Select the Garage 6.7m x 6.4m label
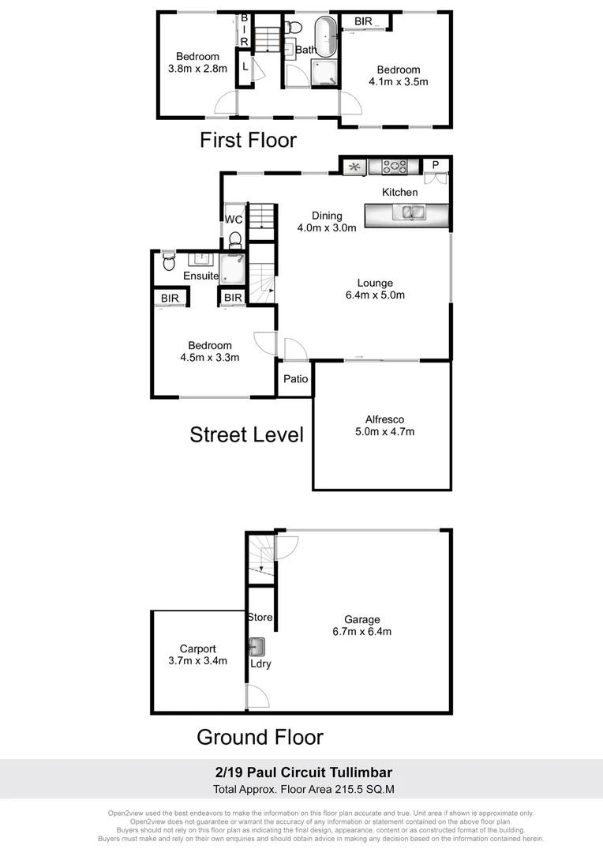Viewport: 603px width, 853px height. coord(362,626)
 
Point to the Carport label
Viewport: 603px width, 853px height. coord(197,649)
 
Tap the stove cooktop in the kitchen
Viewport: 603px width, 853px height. coord(395,166)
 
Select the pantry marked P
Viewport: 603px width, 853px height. coord(435,166)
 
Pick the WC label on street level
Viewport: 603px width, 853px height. coord(234,220)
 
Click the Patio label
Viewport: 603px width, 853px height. coord(295,379)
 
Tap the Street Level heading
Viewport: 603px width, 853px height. coord(246,434)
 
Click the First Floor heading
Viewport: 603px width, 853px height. coord(248,141)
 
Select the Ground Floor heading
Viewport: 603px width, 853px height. coord(260,737)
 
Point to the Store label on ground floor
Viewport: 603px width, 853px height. coord(260,617)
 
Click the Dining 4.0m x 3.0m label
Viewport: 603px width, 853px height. coord(327,222)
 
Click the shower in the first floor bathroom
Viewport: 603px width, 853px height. coord(325,73)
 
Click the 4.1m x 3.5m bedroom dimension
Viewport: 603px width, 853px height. coord(399,81)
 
